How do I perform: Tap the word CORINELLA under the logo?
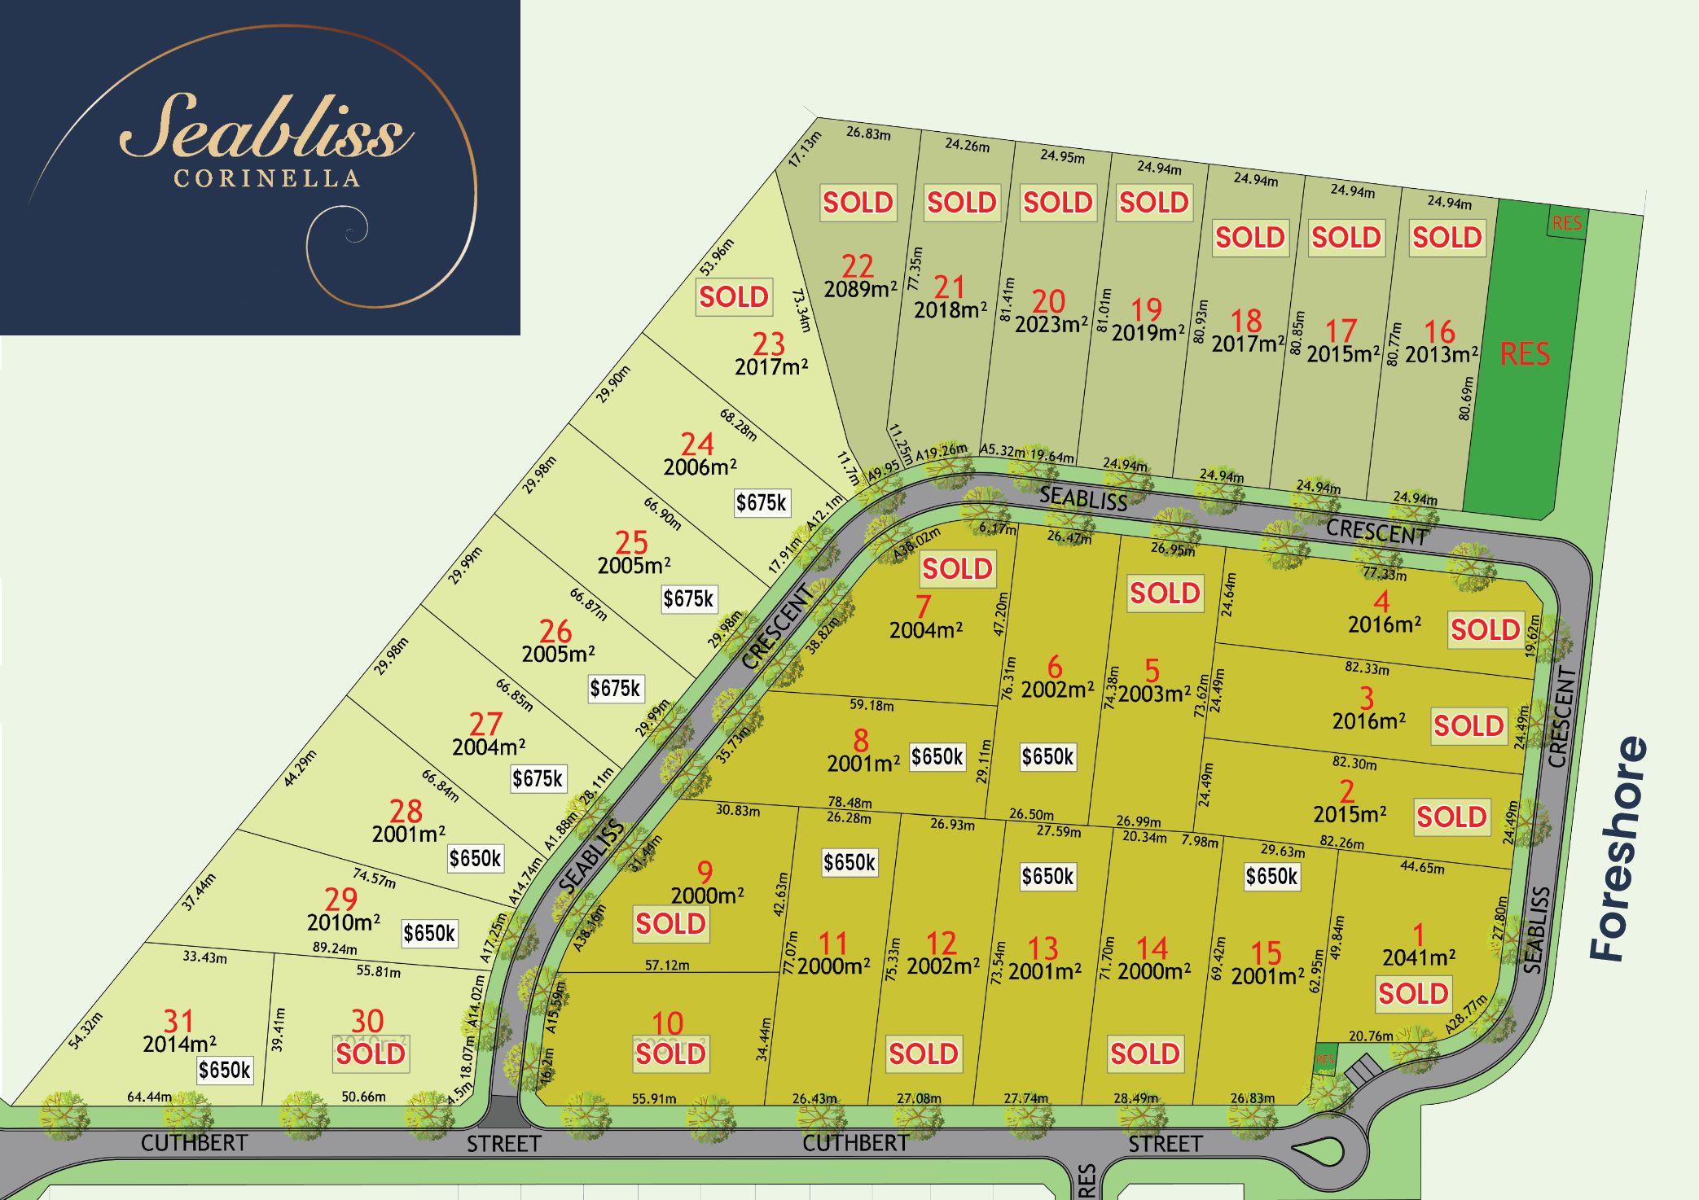[x=267, y=178]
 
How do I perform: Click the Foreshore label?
[x=1618, y=848]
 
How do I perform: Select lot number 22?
[x=858, y=265]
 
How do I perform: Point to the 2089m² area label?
[x=860, y=289]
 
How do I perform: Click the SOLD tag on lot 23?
[x=734, y=296]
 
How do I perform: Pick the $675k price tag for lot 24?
[x=762, y=502]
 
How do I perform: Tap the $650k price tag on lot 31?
[x=225, y=1069]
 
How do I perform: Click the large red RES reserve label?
[x=1525, y=354]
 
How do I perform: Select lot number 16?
[x=1439, y=331]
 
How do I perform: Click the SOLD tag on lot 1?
[x=1413, y=993]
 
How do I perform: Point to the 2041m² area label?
[x=1419, y=957]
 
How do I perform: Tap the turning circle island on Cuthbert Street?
[x=1319, y=1150]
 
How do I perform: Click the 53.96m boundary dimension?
[x=717, y=256]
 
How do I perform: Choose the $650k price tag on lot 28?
[x=476, y=857]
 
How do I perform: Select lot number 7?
[x=923, y=607]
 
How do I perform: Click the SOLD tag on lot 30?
[x=371, y=1053]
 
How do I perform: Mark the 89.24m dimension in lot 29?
[x=335, y=948]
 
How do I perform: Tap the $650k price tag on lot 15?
[x=1271, y=876]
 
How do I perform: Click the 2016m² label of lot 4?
[x=1385, y=624]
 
